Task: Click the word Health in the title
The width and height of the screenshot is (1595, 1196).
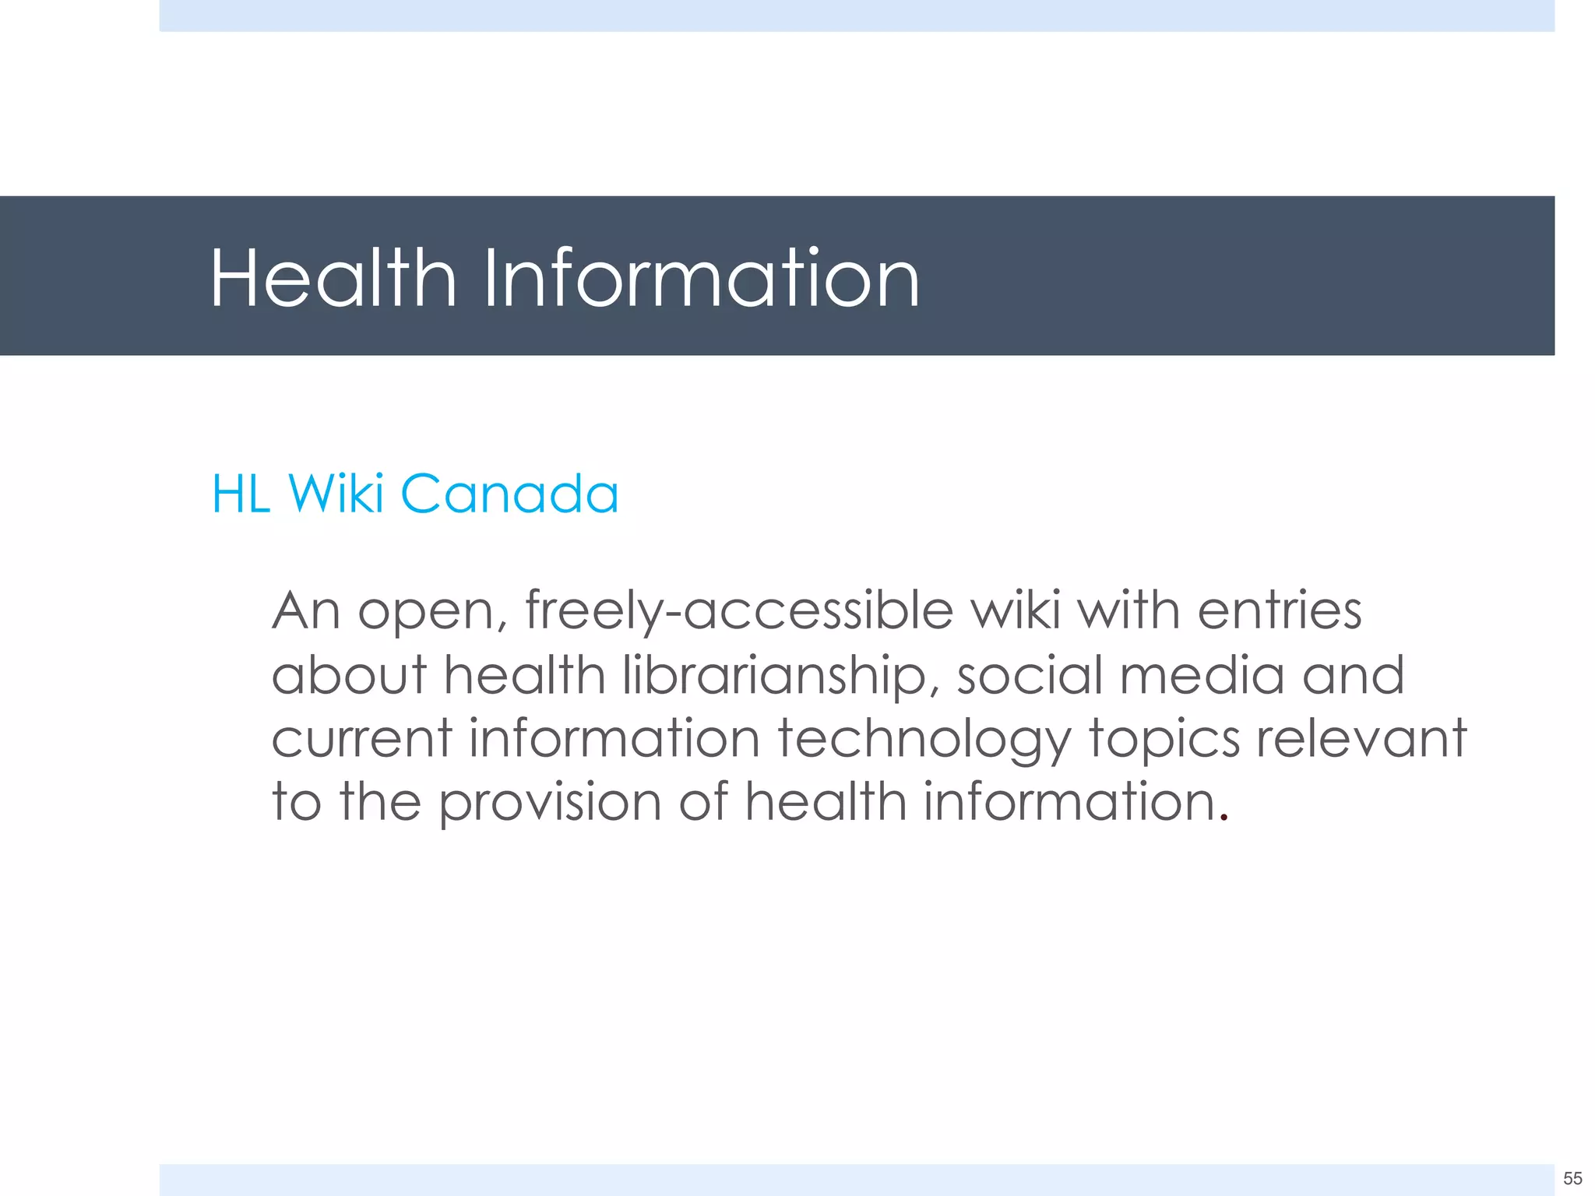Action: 333,278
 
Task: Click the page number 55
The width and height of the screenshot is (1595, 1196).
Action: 1572,1177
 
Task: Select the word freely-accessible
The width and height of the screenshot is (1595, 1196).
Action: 739,611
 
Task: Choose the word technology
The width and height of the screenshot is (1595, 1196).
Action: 924,740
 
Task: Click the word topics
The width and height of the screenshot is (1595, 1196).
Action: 1164,740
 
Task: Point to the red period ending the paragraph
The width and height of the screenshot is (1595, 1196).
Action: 1224,818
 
